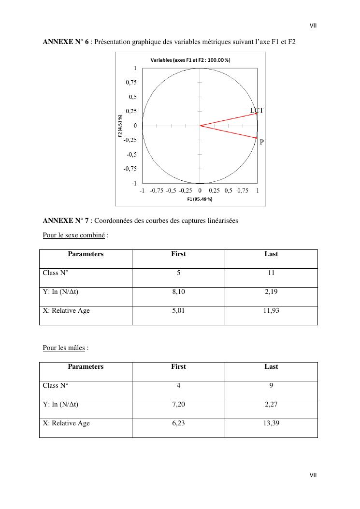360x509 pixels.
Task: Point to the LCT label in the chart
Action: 257,111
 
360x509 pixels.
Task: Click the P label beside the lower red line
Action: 262,142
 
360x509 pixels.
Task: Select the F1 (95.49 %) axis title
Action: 200,199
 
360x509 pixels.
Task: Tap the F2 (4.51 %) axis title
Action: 120,126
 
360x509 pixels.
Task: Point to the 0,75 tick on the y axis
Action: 131,83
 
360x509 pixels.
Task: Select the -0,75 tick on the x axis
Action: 157,190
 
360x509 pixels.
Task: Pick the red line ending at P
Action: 228,131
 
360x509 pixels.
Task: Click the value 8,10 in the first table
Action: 178,292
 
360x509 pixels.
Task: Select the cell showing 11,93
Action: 271,311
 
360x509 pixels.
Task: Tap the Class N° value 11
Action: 271,273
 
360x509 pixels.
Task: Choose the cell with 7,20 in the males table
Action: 178,405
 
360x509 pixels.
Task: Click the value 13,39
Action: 271,423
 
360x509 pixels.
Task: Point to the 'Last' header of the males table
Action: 271,367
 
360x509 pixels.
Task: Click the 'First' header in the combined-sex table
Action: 178,254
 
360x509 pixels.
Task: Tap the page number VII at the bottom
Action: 313,475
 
